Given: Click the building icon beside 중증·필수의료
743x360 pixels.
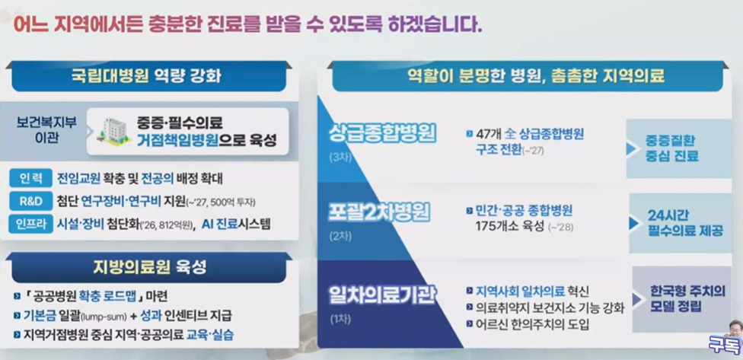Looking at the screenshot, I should [x=114, y=131].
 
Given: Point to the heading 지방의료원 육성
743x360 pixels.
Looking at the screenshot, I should [x=150, y=267].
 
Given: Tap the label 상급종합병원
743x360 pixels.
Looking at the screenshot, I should [x=381, y=134].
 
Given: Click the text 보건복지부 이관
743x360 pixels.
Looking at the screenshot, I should [x=44, y=129].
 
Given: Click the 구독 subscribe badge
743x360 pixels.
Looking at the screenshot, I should [x=721, y=342].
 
